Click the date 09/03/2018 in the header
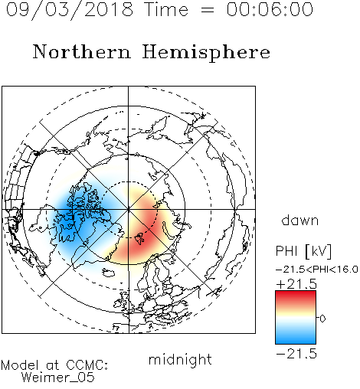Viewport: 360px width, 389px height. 70,10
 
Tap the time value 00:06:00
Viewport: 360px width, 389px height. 270,9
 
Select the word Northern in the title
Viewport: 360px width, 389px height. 82,51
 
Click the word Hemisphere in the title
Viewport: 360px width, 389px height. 206,53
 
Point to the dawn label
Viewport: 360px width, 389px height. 300,221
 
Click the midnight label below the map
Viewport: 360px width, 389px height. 180,359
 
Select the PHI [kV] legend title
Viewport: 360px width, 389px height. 303,251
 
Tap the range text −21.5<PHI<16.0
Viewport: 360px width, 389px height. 317,270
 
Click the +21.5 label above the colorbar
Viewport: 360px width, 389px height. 296,284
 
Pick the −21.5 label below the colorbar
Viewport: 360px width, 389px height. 296,354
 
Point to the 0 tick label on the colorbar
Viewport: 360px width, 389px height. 322,319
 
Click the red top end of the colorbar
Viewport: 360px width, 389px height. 296,293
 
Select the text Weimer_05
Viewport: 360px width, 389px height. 58,378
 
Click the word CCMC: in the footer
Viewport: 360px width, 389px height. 87,365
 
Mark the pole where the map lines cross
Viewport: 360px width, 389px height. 129,209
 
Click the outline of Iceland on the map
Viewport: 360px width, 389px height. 109,273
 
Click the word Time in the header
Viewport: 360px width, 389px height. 166,9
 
